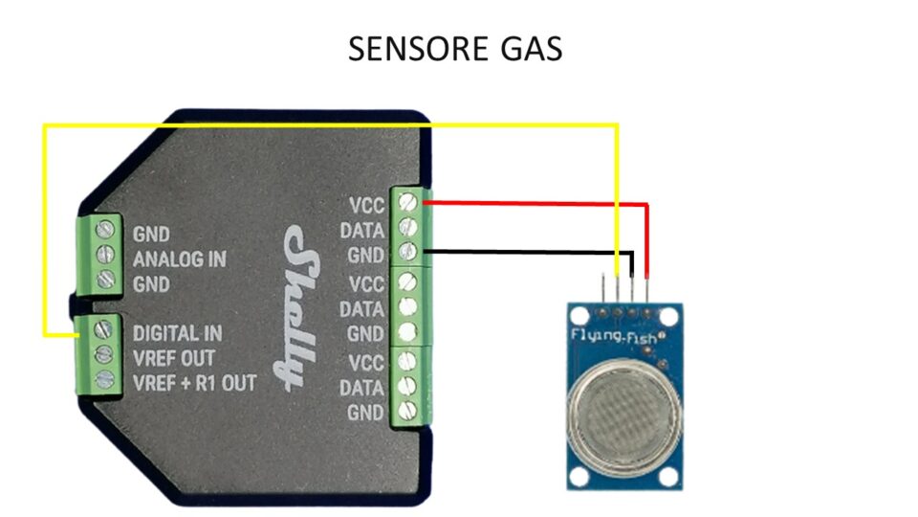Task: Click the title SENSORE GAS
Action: (455, 49)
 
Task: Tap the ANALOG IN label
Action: (179, 259)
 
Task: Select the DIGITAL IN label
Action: (178, 333)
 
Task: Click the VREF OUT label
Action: (174, 358)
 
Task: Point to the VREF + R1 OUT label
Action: (194, 383)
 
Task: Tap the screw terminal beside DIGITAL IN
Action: (103, 329)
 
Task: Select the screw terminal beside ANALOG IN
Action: (105, 255)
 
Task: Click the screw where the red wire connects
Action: (407, 202)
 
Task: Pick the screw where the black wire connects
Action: (407, 252)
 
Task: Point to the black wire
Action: (527, 252)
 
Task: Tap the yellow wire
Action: (331, 124)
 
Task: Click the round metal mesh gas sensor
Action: (624, 409)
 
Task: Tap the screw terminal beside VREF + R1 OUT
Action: (105, 379)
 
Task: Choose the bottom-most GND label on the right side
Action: (365, 413)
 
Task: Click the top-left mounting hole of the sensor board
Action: (579, 317)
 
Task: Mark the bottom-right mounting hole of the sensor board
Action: (668, 477)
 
